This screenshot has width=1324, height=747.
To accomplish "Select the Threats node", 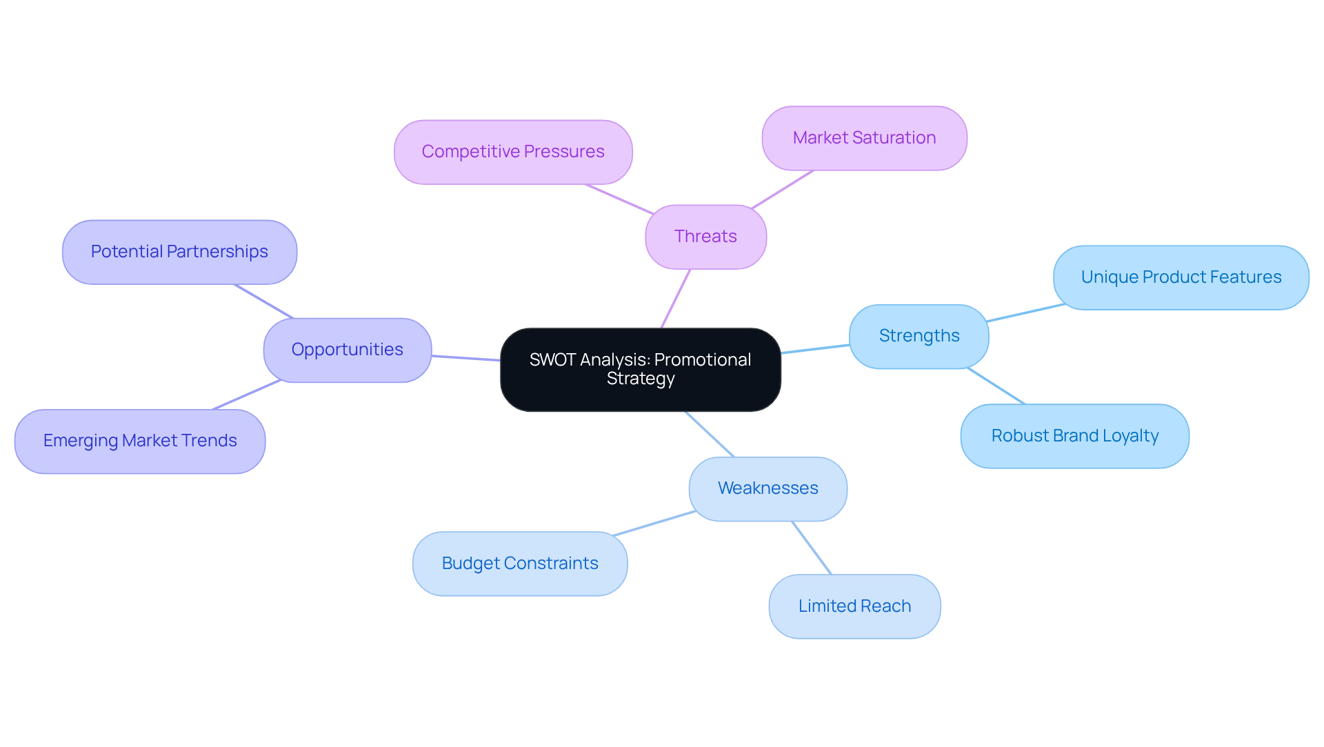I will tap(705, 237).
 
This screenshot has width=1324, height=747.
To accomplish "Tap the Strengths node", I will tap(919, 336).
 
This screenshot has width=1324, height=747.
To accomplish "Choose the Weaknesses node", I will tap(768, 488).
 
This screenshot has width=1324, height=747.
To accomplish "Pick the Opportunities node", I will tap(347, 350).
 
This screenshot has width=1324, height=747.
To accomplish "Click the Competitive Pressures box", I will tap(512, 152).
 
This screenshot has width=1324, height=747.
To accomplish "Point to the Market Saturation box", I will tap(864, 138).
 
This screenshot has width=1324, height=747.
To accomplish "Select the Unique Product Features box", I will tap(1181, 277).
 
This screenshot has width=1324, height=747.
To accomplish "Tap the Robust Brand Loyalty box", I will tap(1074, 436).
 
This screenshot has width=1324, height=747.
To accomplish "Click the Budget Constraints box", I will tap(519, 564).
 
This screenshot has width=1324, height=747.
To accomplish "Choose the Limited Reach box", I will tap(854, 606).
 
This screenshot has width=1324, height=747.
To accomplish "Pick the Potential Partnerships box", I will tap(179, 252).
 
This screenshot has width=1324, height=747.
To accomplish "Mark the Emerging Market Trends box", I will tap(140, 441).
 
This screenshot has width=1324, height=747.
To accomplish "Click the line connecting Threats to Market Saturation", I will tap(783, 189).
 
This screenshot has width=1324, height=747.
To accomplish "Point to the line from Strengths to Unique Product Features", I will tap(1025, 312).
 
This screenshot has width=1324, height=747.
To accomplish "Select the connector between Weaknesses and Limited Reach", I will tap(812, 548).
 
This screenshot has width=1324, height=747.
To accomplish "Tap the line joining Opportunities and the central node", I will tap(465, 358).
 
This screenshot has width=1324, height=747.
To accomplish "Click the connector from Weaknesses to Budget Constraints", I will tap(654, 524).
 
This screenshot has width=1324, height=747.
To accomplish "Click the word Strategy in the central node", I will tap(641, 379).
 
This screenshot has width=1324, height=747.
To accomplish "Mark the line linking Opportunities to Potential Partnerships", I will tap(264, 301).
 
